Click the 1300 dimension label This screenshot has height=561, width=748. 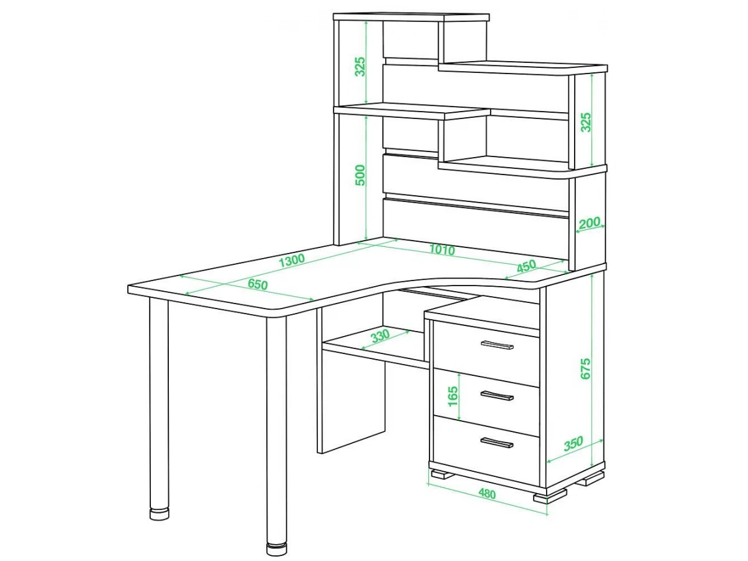click(x=292, y=260)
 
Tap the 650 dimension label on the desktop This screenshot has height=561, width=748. click(x=257, y=284)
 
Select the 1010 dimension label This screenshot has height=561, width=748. click(x=442, y=250)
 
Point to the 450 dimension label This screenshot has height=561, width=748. click(x=527, y=266)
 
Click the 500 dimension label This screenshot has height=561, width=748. click(x=360, y=175)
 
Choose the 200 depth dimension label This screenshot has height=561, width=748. click(x=589, y=223)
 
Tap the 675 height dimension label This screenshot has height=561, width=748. click(x=585, y=368)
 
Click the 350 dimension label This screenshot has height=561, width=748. click(x=573, y=443)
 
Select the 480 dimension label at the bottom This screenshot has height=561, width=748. click(x=487, y=494)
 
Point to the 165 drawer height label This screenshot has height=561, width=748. click(x=453, y=396)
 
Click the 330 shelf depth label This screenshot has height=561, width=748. click(x=380, y=335)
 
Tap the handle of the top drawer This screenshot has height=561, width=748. click(x=497, y=345)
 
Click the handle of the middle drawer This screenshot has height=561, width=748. click(x=497, y=395)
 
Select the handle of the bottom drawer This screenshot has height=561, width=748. click(x=497, y=443)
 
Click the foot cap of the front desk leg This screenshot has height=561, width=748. click(x=276, y=549)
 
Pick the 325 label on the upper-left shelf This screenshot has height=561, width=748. click(x=360, y=67)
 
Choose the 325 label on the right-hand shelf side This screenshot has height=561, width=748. click(x=585, y=122)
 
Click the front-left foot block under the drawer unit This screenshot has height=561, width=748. click(x=443, y=474)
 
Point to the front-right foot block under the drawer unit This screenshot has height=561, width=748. click(x=550, y=496)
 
